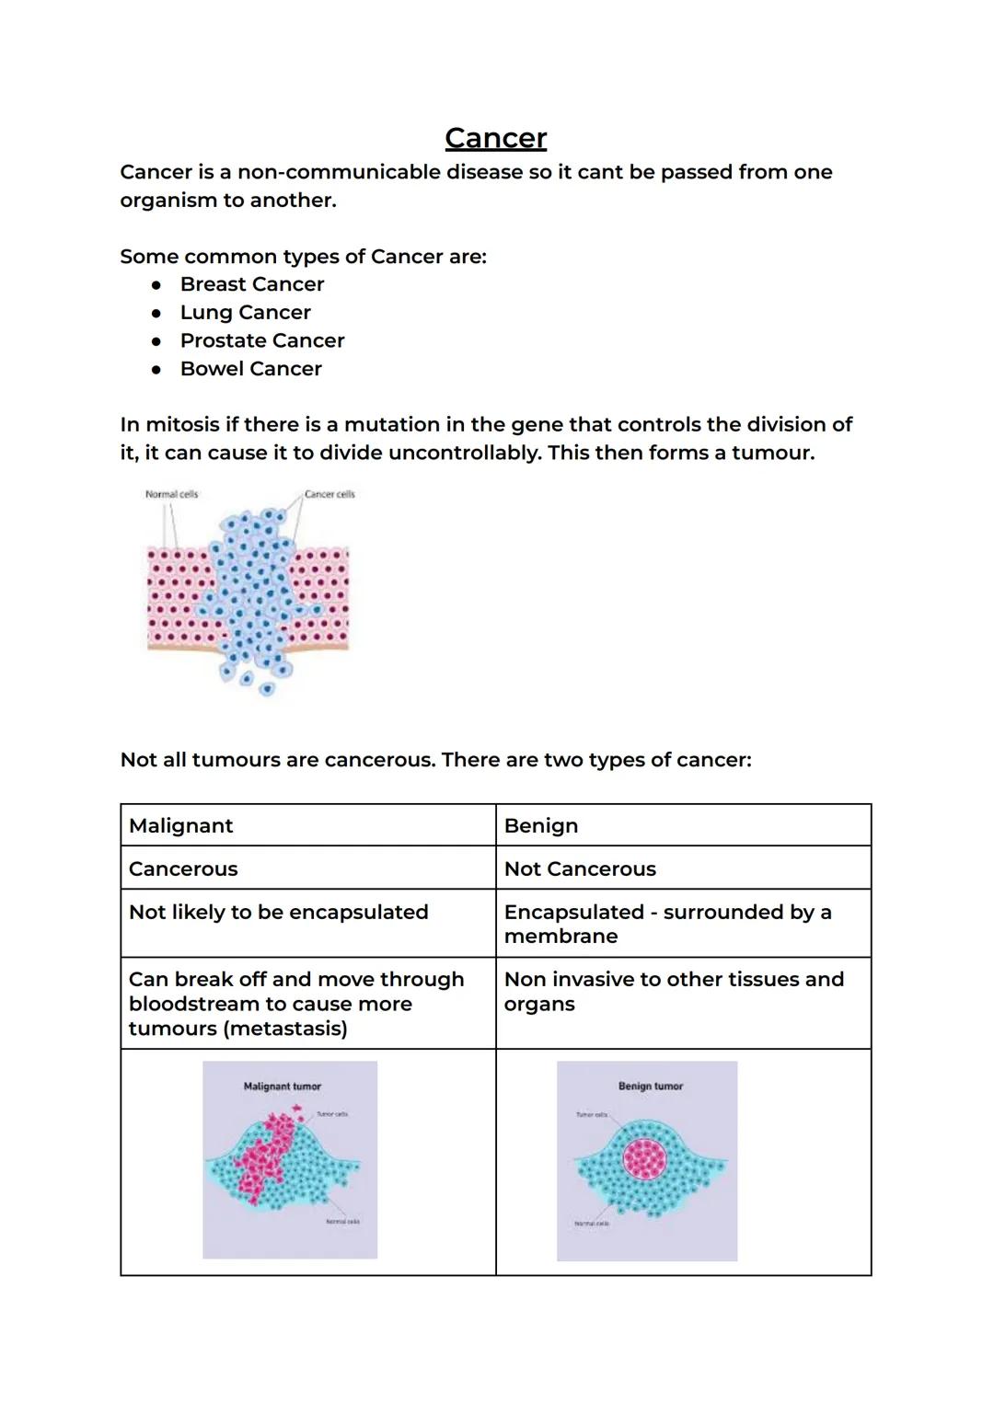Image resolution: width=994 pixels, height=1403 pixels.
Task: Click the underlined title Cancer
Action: point(495,138)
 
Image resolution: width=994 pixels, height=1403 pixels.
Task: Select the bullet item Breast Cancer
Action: point(251,284)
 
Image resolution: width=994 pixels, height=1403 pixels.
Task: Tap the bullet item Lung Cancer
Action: point(245,313)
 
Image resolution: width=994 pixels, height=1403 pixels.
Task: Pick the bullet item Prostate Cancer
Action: point(261,340)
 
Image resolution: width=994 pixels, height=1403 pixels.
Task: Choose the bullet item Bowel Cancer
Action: point(250,369)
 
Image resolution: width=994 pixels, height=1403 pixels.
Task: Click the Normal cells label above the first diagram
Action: point(171,494)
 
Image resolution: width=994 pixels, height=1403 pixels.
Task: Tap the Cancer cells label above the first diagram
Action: point(329,494)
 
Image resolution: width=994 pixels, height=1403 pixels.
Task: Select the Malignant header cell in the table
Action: point(181,825)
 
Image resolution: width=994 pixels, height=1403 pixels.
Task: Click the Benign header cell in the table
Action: point(541,825)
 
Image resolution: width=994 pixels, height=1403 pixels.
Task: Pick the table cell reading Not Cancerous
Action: point(580,868)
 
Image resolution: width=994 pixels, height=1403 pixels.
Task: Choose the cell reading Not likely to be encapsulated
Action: point(278,912)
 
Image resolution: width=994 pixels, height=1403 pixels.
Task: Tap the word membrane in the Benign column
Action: point(561,937)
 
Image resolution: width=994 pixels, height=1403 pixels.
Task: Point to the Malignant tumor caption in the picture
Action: point(282,1087)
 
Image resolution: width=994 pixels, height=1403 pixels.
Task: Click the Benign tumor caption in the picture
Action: point(651,1087)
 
